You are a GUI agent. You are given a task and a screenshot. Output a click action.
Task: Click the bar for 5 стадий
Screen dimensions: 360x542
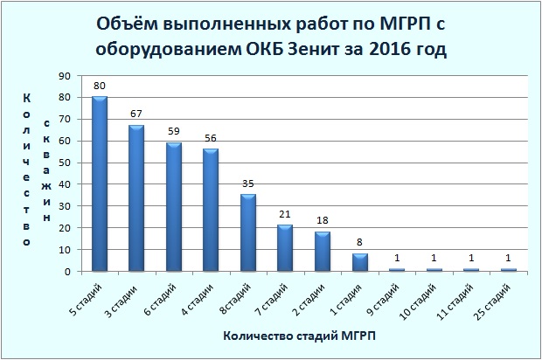tap(100, 183)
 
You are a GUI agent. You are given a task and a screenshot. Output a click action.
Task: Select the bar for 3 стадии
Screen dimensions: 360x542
tap(136, 198)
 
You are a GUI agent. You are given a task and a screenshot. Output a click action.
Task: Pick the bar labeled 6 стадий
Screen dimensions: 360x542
tap(174, 207)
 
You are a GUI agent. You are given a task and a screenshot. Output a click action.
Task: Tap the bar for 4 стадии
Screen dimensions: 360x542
tap(211, 210)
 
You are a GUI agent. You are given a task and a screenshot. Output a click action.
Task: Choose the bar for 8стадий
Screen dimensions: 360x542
tap(248, 232)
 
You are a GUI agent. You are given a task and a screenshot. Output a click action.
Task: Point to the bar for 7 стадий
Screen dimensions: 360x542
tap(285, 248)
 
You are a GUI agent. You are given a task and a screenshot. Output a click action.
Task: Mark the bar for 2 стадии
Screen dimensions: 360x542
tap(323, 252)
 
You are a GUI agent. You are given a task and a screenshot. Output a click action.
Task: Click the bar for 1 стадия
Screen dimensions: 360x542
tap(359, 262)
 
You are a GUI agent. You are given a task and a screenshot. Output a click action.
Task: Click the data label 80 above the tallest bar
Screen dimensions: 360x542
tap(100, 86)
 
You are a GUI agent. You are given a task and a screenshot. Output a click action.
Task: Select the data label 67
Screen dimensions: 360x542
tap(136, 114)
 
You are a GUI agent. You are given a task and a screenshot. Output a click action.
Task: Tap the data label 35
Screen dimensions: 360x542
tap(248, 183)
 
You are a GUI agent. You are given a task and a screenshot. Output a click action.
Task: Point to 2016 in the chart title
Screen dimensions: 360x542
tap(393, 50)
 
